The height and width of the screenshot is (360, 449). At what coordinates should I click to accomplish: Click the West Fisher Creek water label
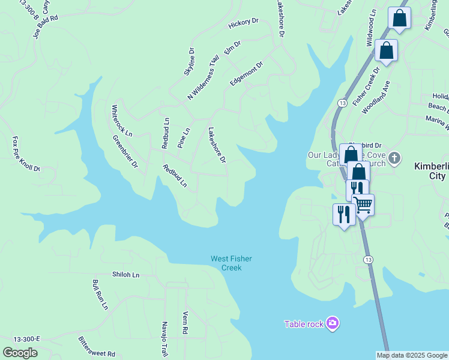point(231,263)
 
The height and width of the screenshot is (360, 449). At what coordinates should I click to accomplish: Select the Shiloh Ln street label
point(125,275)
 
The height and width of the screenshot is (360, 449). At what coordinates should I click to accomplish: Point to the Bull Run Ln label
point(100,294)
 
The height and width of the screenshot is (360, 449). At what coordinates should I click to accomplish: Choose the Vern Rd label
point(185,322)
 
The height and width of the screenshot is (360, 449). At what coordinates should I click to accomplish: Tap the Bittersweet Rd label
point(96,347)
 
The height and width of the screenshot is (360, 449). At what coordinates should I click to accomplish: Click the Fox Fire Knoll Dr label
point(26,154)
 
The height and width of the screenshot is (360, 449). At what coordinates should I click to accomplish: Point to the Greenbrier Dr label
point(125,151)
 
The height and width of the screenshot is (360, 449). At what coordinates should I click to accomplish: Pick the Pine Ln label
point(184,138)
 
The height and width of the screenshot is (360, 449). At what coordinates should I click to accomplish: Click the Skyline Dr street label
point(190,62)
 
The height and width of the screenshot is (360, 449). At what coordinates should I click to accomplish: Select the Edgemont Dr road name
point(247,73)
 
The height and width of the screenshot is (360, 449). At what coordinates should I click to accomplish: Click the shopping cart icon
point(363,205)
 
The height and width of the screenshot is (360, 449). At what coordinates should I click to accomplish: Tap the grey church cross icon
point(394,158)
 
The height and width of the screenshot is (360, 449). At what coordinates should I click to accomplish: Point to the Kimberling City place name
point(431,171)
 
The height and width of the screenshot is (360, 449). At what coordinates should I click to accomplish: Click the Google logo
point(20,353)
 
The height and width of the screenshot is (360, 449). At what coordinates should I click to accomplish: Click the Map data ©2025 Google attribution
point(412,355)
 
